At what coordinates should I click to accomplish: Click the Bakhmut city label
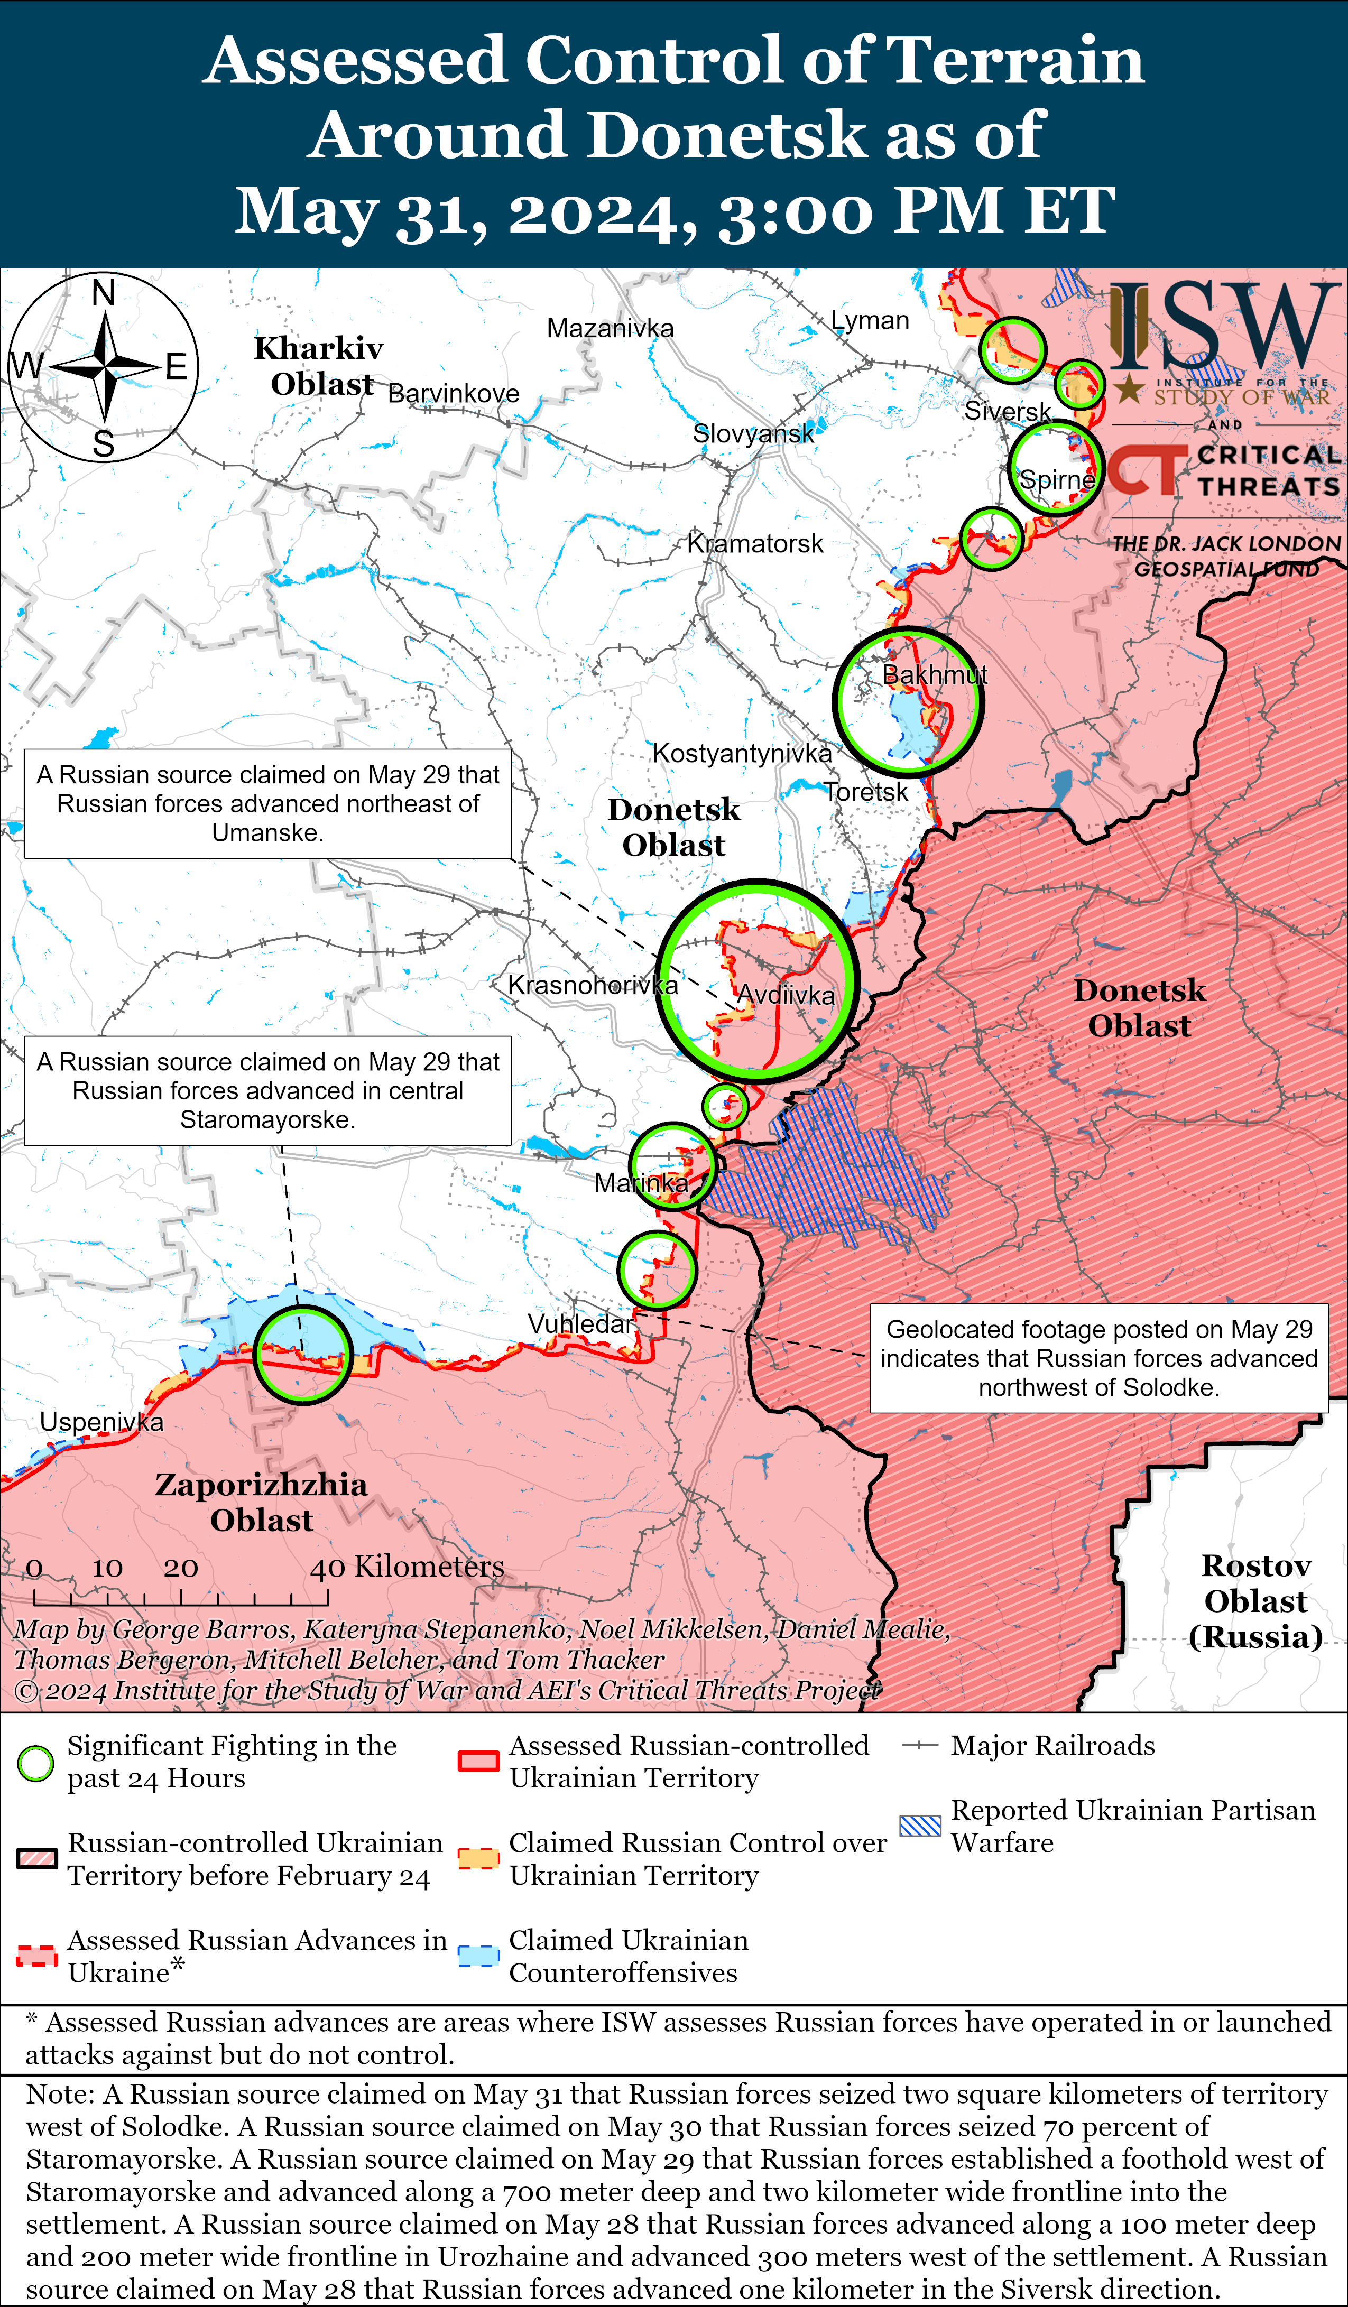coord(934,675)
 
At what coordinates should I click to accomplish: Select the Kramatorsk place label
coord(754,544)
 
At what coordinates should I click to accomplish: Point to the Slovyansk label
coord(753,433)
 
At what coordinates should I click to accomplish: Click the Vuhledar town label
coord(580,1324)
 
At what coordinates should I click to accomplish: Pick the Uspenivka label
coord(101,1422)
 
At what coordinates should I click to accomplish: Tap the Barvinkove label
coord(454,394)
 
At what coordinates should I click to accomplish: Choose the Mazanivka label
coord(610,328)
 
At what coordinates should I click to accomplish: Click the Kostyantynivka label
coord(742,754)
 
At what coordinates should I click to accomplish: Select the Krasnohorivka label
coord(593,985)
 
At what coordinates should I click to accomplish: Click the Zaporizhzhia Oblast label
coord(261,1502)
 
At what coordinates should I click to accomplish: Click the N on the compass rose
coord(104,293)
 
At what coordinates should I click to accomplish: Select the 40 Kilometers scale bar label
coord(407,1567)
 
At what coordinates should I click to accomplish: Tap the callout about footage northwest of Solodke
coord(1099,1358)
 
